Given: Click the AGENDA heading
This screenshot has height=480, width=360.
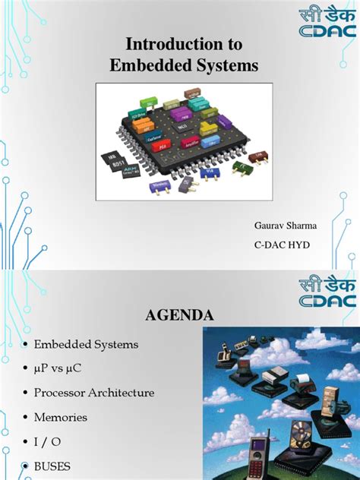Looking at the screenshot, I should pyautogui.click(x=180, y=314).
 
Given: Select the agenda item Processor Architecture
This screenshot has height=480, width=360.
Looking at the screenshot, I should pyautogui.click(x=94, y=393).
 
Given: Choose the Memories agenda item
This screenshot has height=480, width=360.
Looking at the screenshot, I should pyautogui.click(x=61, y=417).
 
